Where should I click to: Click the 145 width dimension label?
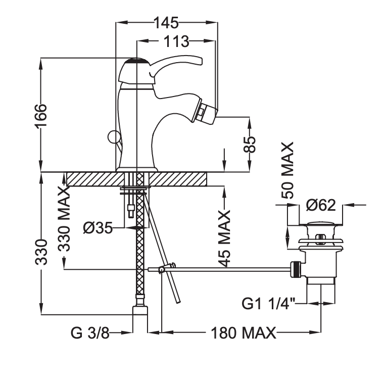tap(166, 22)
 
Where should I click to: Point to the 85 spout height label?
tap(250, 145)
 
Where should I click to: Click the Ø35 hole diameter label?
tap(97, 228)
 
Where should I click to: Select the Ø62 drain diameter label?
tap(321, 205)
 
